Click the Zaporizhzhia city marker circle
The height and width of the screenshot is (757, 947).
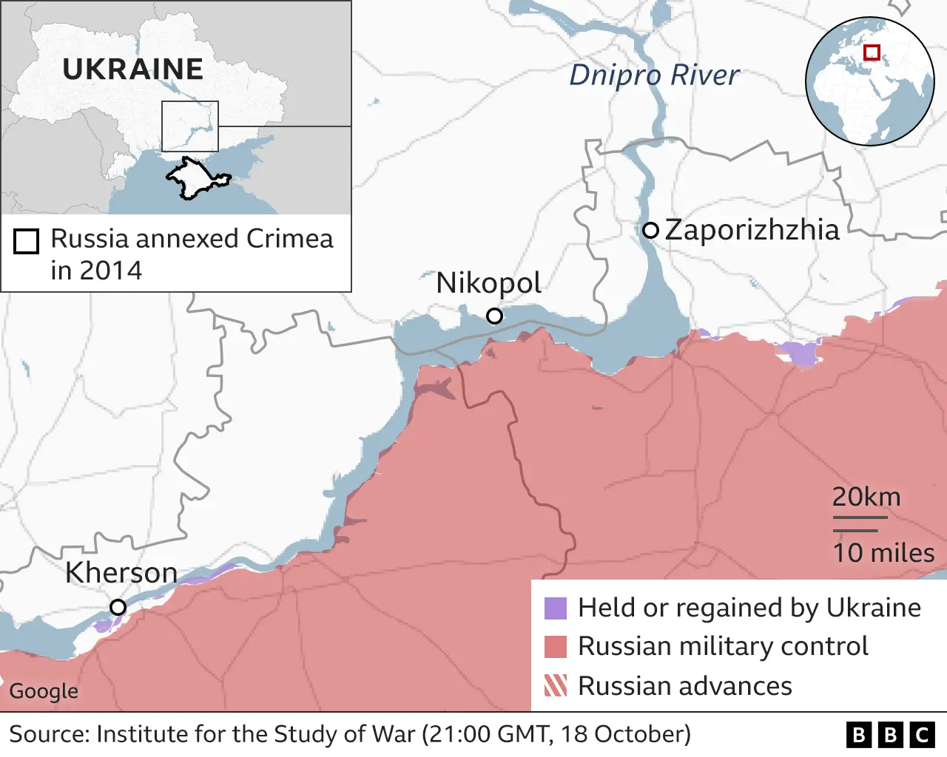tap(650, 230)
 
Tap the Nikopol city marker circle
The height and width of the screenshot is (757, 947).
tap(494, 316)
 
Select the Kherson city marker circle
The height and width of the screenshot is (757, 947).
tap(118, 608)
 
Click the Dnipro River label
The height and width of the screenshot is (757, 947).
tap(654, 75)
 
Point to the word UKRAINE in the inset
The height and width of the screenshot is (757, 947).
tap(132, 69)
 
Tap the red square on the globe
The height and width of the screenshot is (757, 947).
tap(872, 52)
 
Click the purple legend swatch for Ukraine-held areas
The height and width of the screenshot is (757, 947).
tap(555, 608)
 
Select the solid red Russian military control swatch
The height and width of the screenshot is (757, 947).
tap(555, 647)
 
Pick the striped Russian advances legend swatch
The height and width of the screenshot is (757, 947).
tap(555, 686)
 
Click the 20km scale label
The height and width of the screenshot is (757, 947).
tap(866, 497)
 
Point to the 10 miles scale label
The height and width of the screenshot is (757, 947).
tap(883, 553)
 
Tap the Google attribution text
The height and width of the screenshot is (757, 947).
tap(44, 691)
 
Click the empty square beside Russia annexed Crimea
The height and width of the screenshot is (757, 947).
tap(27, 242)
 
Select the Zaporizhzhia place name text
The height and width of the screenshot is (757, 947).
tap(752, 230)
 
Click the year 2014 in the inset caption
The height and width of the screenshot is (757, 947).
tap(111, 271)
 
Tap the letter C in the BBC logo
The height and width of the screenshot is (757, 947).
tap(922, 735)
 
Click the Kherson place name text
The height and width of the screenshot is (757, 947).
tap(121, 573)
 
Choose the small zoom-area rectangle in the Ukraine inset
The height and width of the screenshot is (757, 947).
tap(190, 126)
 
